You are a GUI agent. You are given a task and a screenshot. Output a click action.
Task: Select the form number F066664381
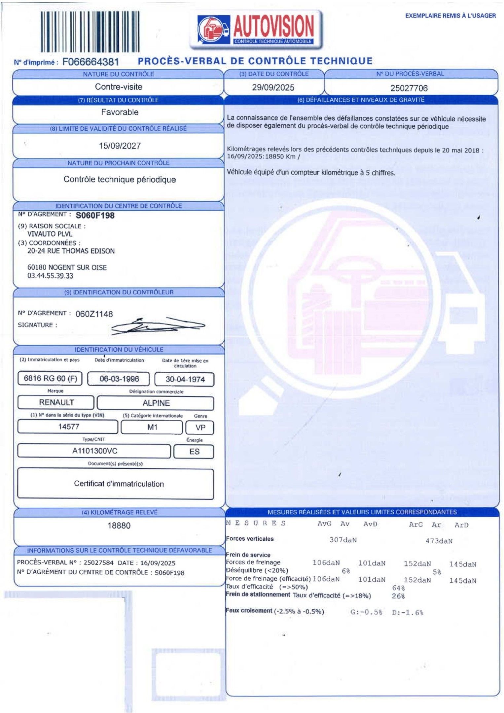[x=90, y=62]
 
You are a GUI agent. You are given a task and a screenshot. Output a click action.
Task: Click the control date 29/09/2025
[x=273, y=87]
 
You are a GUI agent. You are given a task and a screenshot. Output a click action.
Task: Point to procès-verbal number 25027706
[x=409, y=88]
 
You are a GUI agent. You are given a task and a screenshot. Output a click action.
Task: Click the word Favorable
[x=120, y=112]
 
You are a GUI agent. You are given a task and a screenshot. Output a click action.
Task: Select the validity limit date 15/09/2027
[x=120, y=146]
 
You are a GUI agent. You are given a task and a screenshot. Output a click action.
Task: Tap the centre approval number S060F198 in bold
[x=95, y=216]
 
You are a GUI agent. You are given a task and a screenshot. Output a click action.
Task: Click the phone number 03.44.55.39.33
[x=50, y=276]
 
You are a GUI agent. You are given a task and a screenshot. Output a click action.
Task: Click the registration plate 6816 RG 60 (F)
[x=50, y=378]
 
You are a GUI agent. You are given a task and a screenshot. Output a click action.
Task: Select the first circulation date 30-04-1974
[x=185, y=379]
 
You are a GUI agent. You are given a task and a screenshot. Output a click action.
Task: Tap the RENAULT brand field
[x=56, y=402]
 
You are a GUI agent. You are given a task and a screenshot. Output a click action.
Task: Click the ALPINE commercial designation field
[x=156, y=403]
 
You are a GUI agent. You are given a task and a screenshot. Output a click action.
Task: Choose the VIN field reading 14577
[x=68, y=426]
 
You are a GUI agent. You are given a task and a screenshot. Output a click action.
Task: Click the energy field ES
[x=194, y=452]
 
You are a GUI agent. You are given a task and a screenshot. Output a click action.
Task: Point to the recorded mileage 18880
[x=119, y=526]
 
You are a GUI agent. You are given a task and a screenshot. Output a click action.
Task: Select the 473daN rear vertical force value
[x=439, y=541]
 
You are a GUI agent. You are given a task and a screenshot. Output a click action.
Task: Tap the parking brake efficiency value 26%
[x=398, y=596]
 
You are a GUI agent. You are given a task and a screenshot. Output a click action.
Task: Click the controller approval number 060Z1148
[x=94, y=314]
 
